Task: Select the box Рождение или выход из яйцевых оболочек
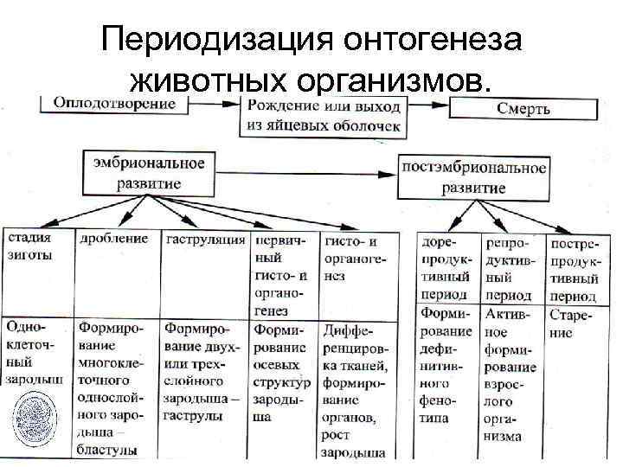[324, 117]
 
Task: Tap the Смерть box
[523, 109]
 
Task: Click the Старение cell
[574, 324]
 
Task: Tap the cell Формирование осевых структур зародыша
[282, 372]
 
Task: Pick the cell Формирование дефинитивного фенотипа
[446, 363]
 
